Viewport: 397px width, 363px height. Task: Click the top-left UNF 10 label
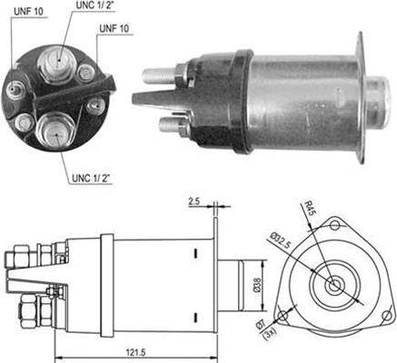[28, 12]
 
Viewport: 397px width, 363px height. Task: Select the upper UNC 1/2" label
[94, 5]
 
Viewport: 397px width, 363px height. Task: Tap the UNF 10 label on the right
[114, 28]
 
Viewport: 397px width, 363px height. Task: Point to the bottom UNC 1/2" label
[91, 178]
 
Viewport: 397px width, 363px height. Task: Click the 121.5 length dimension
[136, 352]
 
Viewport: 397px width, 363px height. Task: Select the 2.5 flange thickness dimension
[194, 201]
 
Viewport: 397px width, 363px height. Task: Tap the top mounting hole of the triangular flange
[334, 225]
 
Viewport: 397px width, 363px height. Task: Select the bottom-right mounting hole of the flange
[386, 316]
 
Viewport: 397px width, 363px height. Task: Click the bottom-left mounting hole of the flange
[283, 316]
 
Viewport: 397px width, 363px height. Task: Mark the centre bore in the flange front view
[334, 285]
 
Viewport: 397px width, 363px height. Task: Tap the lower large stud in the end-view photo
[55, 130]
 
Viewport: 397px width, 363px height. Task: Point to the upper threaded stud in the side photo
[159, 75]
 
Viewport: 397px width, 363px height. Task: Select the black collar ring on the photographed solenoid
[243, 102]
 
